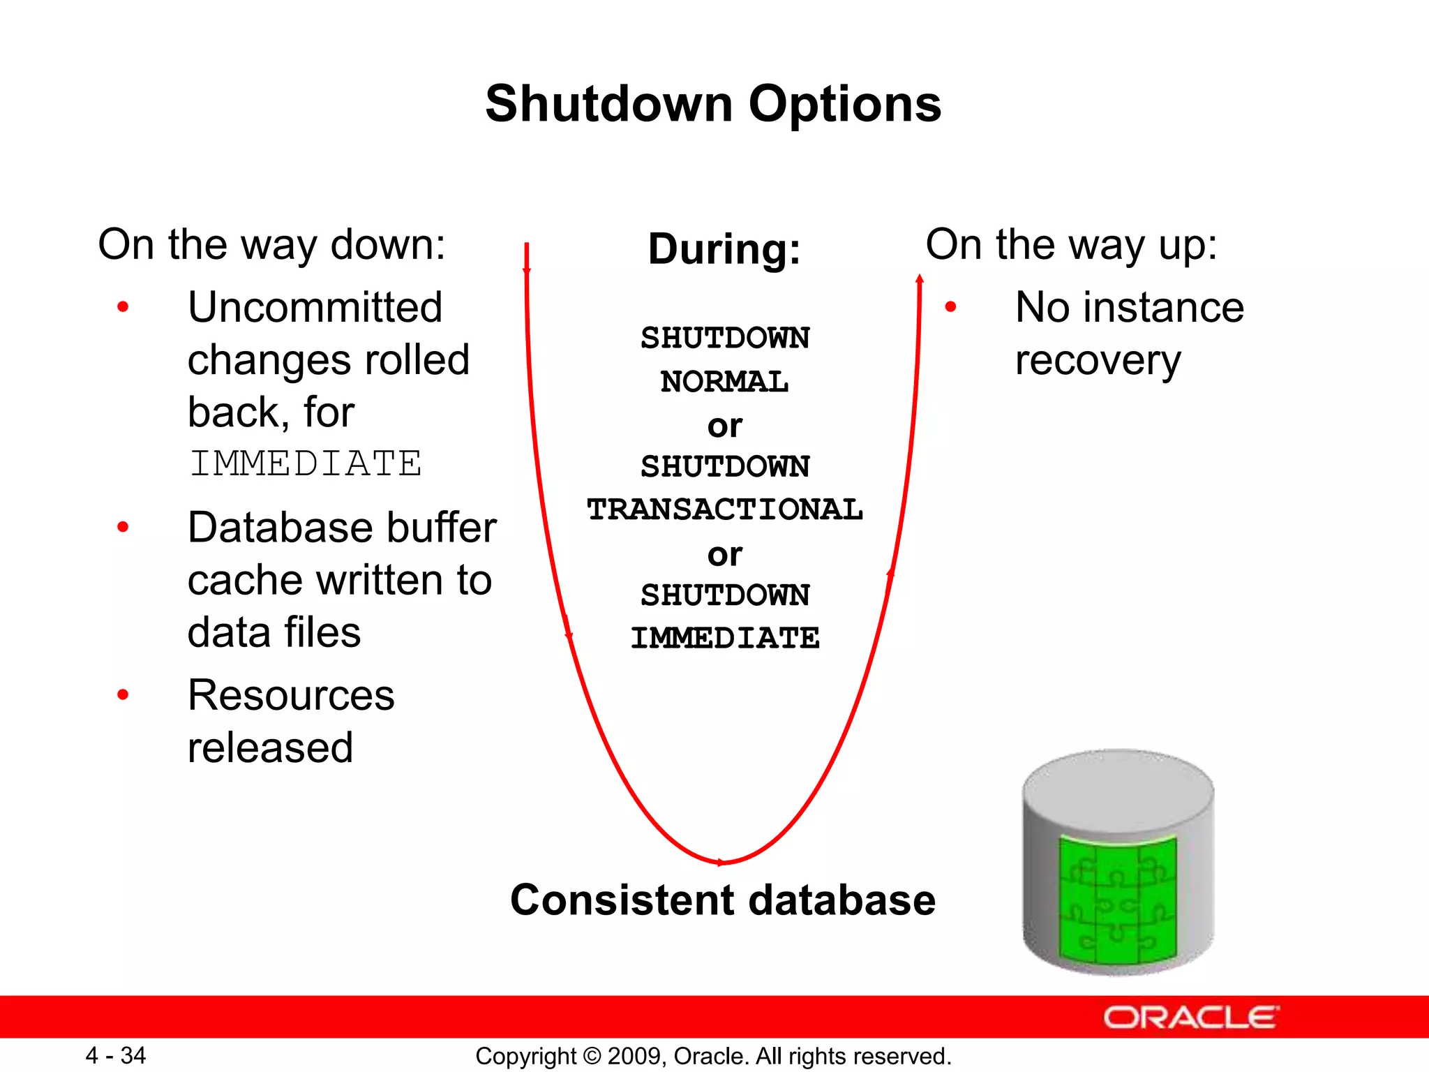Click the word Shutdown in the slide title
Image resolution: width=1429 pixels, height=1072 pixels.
point(608,105)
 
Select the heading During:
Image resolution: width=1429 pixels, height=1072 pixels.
point(724,249)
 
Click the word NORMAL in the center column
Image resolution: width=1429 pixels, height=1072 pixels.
point(724,382)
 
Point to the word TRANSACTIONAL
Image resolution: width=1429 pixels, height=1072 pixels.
point(724,509)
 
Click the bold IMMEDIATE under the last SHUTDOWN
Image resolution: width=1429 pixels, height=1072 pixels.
point(724,638)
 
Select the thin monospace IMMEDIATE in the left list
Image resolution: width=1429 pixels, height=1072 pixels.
point(305,464)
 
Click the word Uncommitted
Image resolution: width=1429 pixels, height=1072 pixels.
point(315,307)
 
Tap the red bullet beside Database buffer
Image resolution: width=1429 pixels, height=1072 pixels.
point(123,527)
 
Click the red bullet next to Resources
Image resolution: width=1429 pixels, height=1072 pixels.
point(123,695)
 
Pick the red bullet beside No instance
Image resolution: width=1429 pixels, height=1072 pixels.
point(950,307)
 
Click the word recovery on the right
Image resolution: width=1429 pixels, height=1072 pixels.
point(1098,362)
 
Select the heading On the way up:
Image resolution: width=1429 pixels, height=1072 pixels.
point(1071,244)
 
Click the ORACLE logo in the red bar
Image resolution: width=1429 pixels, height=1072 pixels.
point(1190,1018)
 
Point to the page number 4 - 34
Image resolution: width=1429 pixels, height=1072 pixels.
point(116,1055)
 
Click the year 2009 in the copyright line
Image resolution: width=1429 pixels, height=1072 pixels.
point(629,1056)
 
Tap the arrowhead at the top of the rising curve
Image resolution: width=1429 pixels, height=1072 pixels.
point(920,280)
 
